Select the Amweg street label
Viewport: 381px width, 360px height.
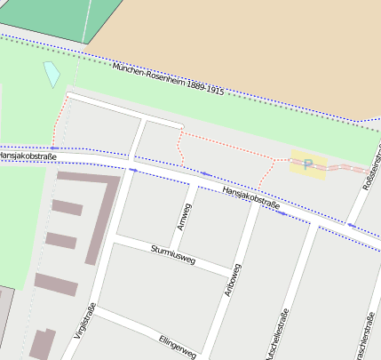coord(184,216)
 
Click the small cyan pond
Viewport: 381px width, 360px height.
coord(52,74)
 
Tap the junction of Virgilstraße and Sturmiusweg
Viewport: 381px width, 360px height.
coord(115,239)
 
